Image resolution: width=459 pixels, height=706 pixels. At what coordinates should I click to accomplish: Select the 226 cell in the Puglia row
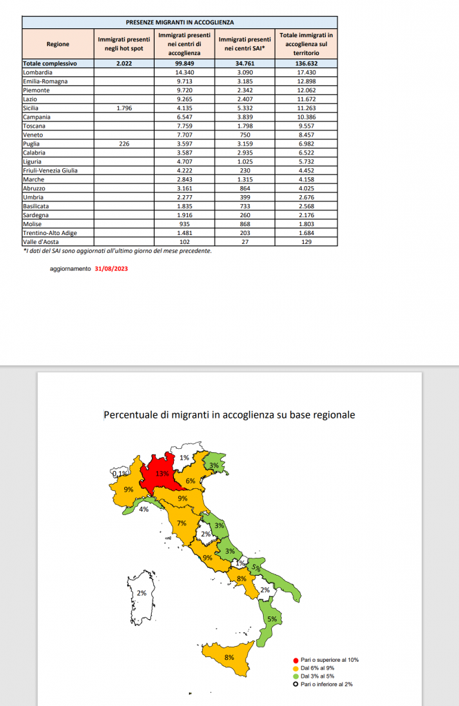pos(124,144)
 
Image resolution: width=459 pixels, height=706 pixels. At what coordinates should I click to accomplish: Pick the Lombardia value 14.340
pos(184,72)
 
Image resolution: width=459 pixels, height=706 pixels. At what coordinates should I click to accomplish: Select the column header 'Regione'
pos(57,44)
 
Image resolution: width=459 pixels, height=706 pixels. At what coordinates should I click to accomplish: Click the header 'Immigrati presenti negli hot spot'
pos(124,44)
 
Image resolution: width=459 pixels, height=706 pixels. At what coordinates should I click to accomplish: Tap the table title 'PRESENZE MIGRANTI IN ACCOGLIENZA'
pos(179,23)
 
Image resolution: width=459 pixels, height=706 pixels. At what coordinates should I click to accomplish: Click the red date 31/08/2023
pos(111,270)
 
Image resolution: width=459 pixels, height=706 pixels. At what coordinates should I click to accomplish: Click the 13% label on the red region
pos(163,474)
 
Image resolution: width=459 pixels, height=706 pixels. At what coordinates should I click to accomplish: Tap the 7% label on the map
pos(182,523)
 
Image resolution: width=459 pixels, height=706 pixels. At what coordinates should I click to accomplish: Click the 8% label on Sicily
pos(228,658)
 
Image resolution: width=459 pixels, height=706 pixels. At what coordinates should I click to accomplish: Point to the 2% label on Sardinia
pos(141,593)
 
